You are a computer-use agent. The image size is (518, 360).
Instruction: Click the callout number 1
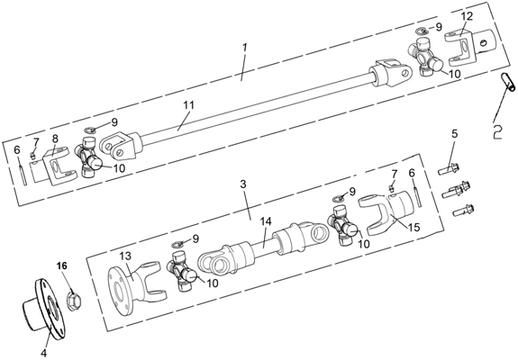click(x=244, y=48)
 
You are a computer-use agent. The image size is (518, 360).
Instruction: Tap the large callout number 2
click(x=497, y=131)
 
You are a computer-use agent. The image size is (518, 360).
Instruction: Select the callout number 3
click(x=243, y=184)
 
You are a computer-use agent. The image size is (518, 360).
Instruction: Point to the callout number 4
click(x=44, y=353)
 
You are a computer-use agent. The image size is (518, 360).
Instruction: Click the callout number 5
click(x=455, y=133)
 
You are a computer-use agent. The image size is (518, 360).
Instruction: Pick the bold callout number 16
click(x=62, y=265)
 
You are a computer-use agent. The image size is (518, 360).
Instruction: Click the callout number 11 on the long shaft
click(x=189, y=105)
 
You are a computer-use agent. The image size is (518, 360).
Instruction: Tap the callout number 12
click(x=468, y=16)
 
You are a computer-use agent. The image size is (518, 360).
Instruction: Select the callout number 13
click(x=125, y=256)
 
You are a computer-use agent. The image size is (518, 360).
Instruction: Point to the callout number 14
click(x=265, y=221)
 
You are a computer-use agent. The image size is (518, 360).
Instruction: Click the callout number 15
click(x=413, y=227)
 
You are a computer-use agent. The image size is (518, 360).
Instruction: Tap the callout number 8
click(x=54, y=137)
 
